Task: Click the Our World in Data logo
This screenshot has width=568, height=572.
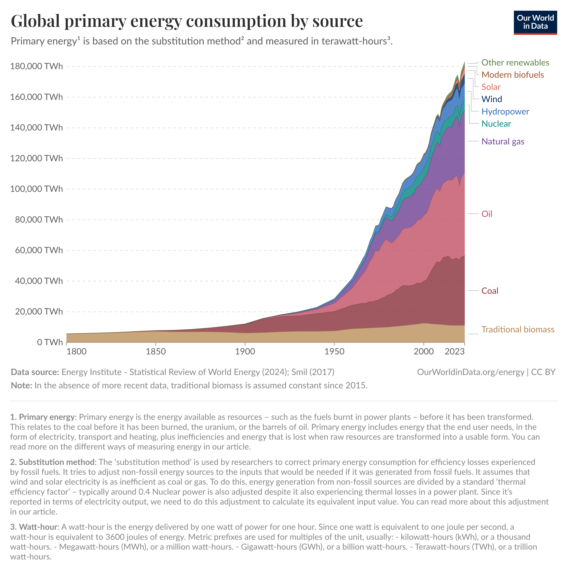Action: click(x=535, y=23)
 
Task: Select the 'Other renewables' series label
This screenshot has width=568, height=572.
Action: click(x=515, y=63)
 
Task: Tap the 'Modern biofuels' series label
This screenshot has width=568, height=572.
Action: click(x=512, y=75)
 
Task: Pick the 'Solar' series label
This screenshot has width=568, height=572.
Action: click(x=491, y=87)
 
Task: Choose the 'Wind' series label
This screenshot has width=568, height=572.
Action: click(x=492, y=99)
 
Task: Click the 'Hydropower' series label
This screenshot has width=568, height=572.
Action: click(x=505, y=112)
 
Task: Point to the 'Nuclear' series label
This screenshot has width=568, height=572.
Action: click(x=496, y=124)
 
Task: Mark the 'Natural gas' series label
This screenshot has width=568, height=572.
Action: click(x=503, y=142)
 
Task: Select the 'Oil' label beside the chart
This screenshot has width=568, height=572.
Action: click(x=487, y=214)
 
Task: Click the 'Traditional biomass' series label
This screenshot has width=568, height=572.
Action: click(x=518, y=330)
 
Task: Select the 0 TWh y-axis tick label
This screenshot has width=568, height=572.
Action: click(x=50, y=342)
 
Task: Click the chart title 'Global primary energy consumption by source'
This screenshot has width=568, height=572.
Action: click(x=187, y=21)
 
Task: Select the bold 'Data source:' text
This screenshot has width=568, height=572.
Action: click(x=35, y=372)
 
